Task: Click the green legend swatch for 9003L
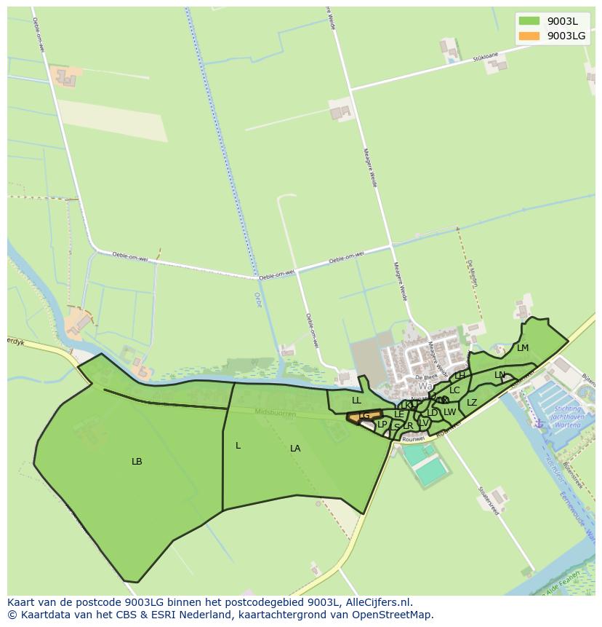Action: click(x=529, y=21)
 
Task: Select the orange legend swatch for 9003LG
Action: click(x=529, y=36)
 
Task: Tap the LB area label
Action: click(x=137, y=462)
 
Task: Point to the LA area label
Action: click(x=295, y=449)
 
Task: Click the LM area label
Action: click(x=523, y=348)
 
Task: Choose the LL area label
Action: click(x=356, y=401)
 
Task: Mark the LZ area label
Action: click(x=472, y=403)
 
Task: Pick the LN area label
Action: click(x=499, y=375)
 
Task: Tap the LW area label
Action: click(x=450, y=412)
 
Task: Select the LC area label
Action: click(x=454, y=390)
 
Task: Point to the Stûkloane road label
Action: click(x=484, y=56)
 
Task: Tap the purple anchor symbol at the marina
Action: click(x=539, y=422)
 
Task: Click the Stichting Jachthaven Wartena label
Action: click(x=568, y=417)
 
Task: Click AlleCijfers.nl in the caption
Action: click(x=377, y=602)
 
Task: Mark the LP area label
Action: click(x=382, y=425)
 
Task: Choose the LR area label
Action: click(x=408, y=426)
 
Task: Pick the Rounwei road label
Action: click(x=413, y=439)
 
